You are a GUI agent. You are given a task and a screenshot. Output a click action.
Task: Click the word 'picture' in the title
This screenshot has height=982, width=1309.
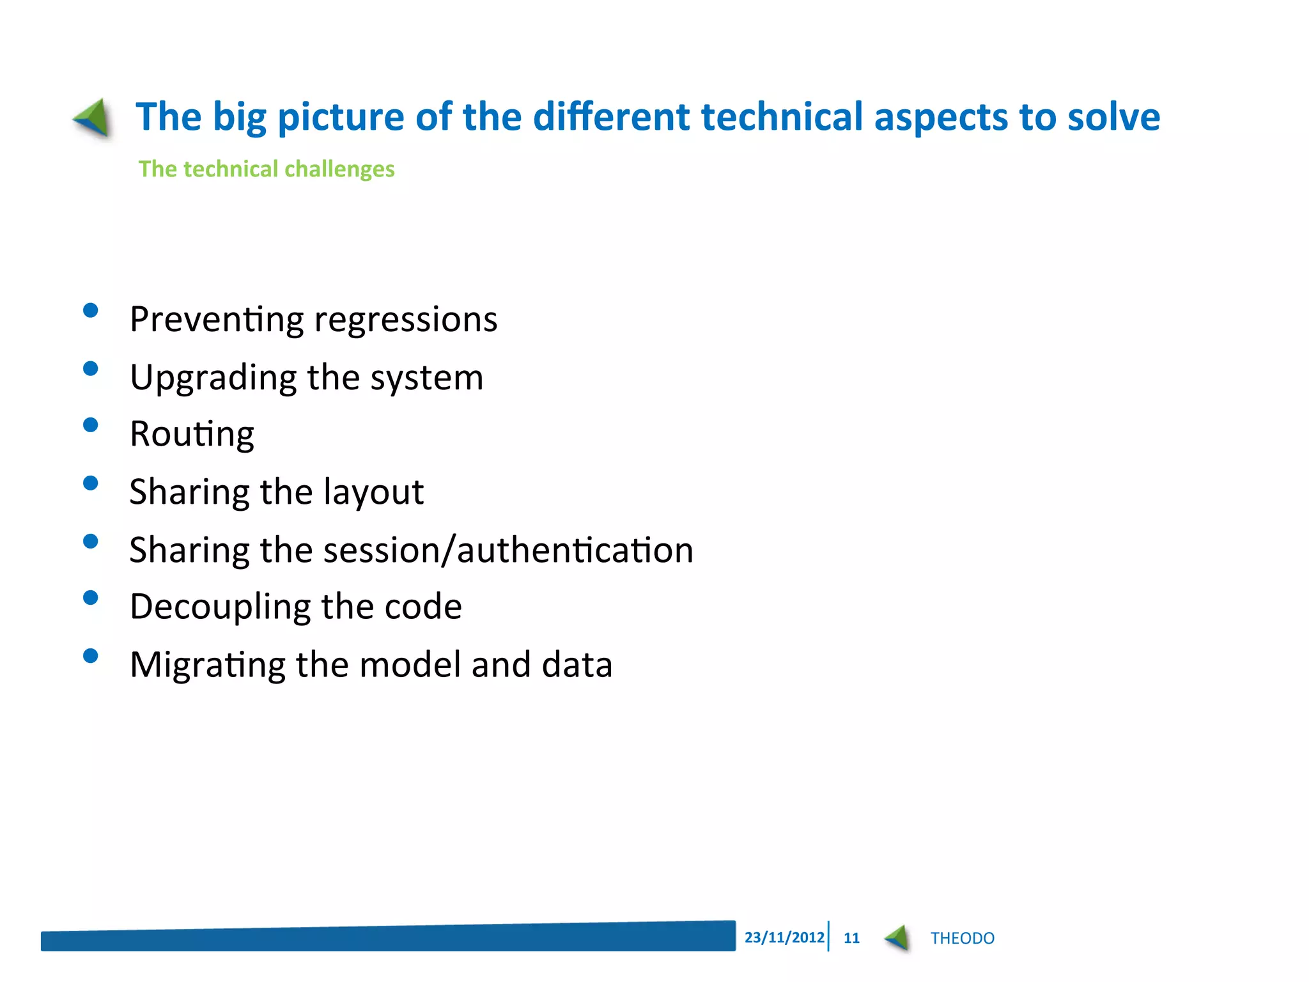[341, 118]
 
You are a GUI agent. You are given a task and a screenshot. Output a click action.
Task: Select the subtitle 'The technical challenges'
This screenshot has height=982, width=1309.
[267, 169]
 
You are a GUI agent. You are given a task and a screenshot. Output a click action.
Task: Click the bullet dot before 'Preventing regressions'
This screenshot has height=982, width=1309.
[91, 311]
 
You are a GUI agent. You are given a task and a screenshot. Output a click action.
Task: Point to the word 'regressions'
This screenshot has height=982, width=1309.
[405, 320]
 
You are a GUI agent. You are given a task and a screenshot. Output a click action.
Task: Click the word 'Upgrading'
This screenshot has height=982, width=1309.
[213, 378]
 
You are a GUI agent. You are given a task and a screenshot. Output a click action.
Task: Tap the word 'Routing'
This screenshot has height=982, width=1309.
[192, 435]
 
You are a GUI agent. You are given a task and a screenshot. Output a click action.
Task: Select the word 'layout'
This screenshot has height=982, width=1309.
[373, 492]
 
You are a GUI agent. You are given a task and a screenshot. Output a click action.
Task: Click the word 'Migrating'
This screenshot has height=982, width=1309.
[207, 666]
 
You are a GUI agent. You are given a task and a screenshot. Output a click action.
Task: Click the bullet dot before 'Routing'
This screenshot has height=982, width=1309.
[91, 426]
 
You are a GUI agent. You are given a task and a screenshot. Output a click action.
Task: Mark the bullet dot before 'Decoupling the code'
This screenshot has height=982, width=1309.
[91, 598]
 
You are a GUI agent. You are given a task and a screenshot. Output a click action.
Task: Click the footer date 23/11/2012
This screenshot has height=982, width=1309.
[784, 937]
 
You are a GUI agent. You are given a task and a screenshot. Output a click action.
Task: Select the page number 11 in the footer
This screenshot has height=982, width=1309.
[851, 938]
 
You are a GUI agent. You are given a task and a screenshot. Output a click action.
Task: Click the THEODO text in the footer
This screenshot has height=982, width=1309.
[962, 938]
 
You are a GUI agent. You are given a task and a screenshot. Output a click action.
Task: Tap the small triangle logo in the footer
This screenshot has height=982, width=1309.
[897, 938]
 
